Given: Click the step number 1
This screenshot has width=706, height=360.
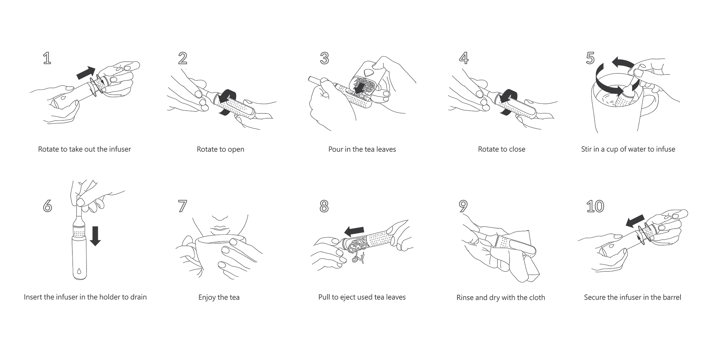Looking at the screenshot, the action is [x=47, y=58].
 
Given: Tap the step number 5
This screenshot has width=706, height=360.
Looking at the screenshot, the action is [x=590, y=58].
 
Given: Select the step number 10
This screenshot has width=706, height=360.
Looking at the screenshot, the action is [x=595, y=206].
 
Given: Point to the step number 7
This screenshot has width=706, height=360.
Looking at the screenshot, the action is [x=182, y=206].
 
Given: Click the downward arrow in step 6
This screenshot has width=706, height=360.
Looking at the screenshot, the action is [x=95, y=236].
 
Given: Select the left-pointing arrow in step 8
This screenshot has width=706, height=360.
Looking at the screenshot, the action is [x=354, y=230].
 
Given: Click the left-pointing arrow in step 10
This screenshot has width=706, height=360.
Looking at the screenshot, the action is [x=635, y=221].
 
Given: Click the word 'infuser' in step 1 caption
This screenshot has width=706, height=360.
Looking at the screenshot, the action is [x=120, y=149].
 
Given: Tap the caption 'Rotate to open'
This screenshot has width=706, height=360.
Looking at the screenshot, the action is [x=220, y=149].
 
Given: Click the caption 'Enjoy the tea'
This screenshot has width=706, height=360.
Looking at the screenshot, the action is [x=219, y=297].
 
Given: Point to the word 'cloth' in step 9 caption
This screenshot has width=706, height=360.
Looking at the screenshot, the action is [x=536, y=297].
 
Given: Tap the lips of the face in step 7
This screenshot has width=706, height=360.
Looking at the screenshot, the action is [x=219, y=229].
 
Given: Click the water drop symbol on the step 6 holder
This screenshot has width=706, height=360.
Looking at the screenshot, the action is [x=79, y=271].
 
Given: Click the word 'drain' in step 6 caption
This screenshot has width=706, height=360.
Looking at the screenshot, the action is [x=138, y=297].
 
